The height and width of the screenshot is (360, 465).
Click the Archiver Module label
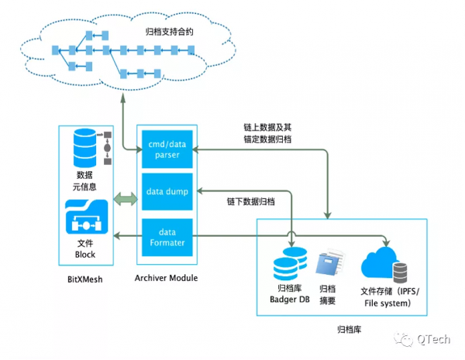(166, 278)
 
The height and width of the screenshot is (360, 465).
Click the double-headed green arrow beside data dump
(124, 201)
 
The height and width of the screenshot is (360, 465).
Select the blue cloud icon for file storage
(379, 262)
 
